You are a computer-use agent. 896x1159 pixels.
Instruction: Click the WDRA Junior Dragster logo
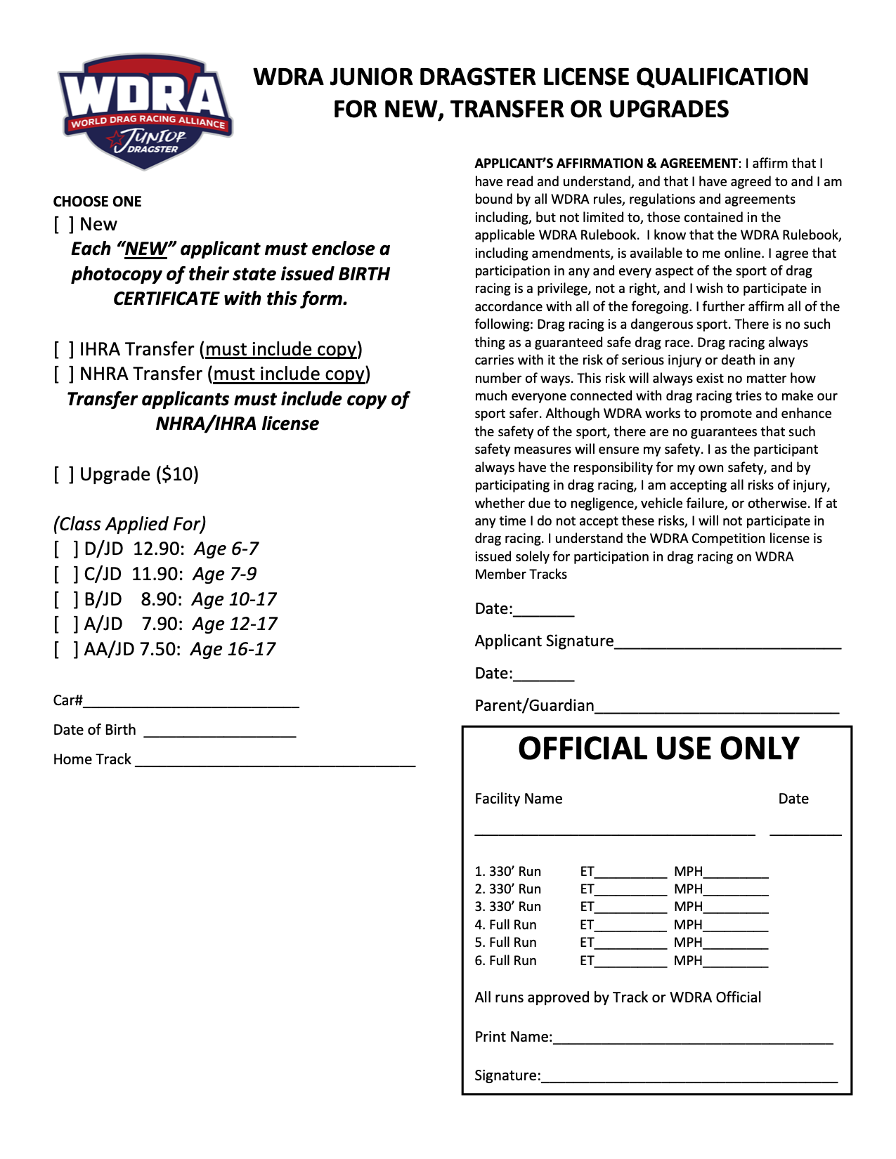tap(145, 112)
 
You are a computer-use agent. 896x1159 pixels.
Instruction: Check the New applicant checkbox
tap(63, 225)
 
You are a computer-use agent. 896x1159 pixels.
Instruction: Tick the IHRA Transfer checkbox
tap(63, 349)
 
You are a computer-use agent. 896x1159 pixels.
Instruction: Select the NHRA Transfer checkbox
tap(63, 374)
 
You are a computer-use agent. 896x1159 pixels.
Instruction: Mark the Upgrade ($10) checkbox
tap(63, 475)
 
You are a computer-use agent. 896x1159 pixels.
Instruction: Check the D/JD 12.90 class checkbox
tap(66, 549)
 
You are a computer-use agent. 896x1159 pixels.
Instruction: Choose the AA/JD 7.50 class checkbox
tap(66, 650)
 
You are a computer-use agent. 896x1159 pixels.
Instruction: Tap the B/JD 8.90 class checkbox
tap(66, 600)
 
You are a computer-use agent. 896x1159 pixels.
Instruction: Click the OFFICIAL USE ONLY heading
tap(658, 749)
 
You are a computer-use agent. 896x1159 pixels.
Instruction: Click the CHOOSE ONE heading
tap(97, 202)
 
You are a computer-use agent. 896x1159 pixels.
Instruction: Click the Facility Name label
tap(518, 799)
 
